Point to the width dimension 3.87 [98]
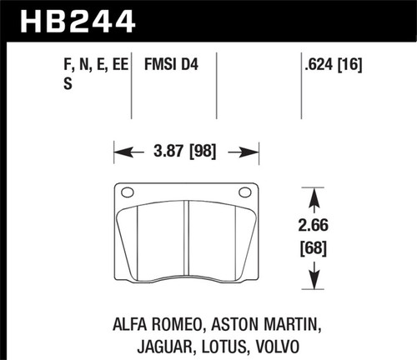pyautogui.click(x=186, y=152)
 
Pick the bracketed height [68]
pyautogui.click(x=313, y=248)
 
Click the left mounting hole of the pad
pyautogui.click(x=127, y=192)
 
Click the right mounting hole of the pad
pyautogui.click(x=244, y=192)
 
